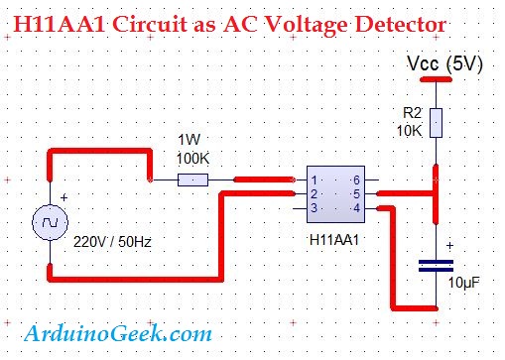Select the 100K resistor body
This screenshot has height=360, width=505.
point(192,180)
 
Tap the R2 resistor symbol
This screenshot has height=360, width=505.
point(436,124)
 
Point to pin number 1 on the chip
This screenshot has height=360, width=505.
point(315,180)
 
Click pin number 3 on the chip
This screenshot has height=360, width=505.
point(315,208)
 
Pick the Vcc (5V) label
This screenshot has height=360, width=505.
point(445,64)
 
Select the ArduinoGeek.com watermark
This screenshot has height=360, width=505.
point(117,334)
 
